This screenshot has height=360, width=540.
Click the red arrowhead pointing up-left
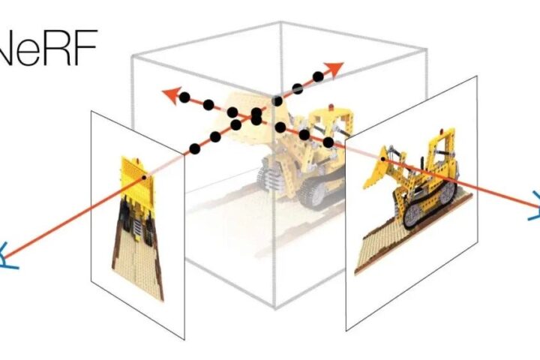172,94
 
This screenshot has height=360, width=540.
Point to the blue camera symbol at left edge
7,256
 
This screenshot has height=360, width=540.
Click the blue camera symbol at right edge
535,206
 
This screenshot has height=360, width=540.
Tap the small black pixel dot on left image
144,178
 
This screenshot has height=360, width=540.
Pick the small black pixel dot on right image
382,159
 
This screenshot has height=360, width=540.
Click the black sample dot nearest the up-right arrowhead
318,76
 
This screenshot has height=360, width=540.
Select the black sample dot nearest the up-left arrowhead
184,97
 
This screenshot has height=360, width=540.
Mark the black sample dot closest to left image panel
194,148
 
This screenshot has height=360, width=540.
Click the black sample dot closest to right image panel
328,142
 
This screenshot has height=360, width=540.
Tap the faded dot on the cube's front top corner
277,101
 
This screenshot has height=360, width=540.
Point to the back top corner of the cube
280,22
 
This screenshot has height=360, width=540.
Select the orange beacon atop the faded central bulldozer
331,106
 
